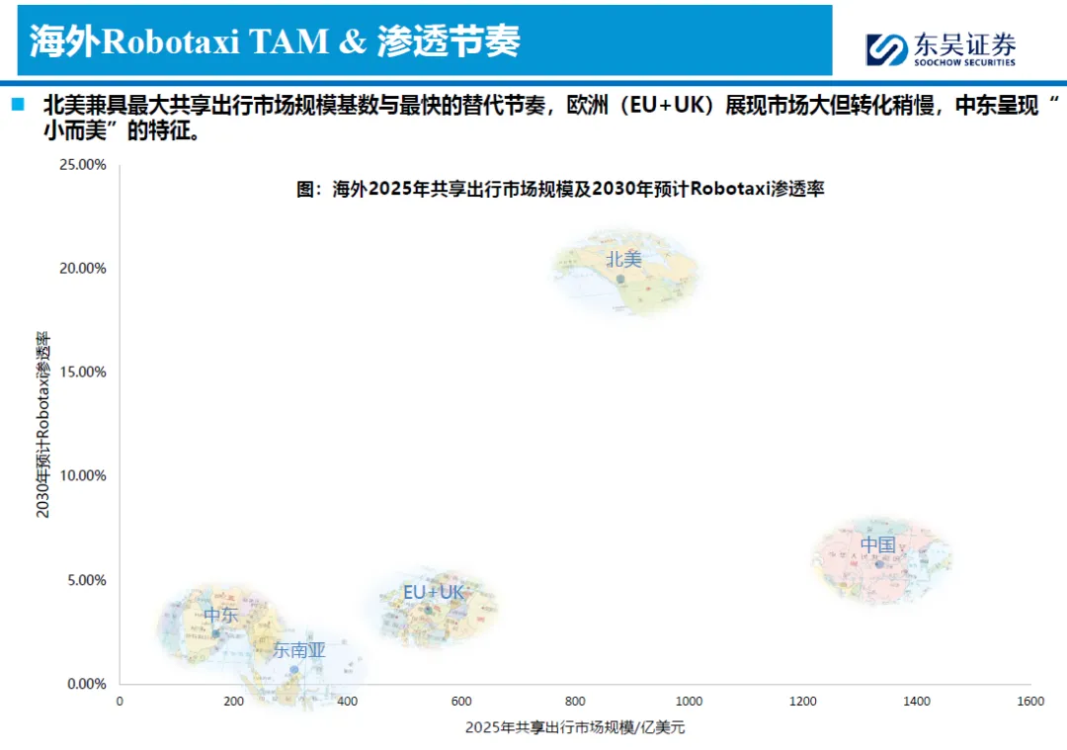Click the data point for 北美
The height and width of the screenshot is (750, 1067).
coord(620,279)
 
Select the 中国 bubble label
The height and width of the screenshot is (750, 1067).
coord(877,545)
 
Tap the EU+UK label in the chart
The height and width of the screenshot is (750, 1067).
coord(433,592)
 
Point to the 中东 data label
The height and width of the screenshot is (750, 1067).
coord(221,615)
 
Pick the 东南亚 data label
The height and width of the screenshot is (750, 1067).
coord(299,650)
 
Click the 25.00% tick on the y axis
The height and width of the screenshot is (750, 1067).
coord(83,164)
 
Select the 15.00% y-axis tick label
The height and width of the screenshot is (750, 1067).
coord(83,372)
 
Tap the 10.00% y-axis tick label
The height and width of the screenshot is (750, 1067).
coord(83,475)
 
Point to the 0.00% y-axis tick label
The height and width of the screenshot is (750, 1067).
coord(86,684)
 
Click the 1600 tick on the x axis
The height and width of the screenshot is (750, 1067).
coord(1030,702)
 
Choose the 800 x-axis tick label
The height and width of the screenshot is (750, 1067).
coord(575,702)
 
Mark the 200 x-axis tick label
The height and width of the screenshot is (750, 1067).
coord(233,702)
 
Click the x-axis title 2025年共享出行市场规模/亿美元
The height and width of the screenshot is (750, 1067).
coord(575,728)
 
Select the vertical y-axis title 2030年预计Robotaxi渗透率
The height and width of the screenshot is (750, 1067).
coord(43,424)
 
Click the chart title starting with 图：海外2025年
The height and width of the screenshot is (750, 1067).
coord(560,189)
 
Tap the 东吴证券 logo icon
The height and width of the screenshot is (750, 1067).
coord(886,48)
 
